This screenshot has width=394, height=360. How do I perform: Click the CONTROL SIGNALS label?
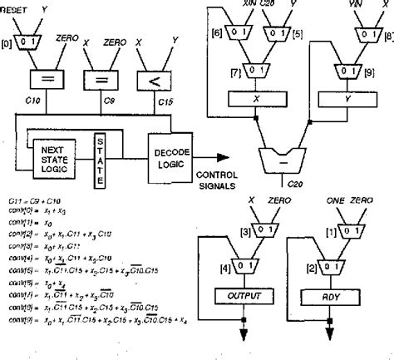[217, 180]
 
